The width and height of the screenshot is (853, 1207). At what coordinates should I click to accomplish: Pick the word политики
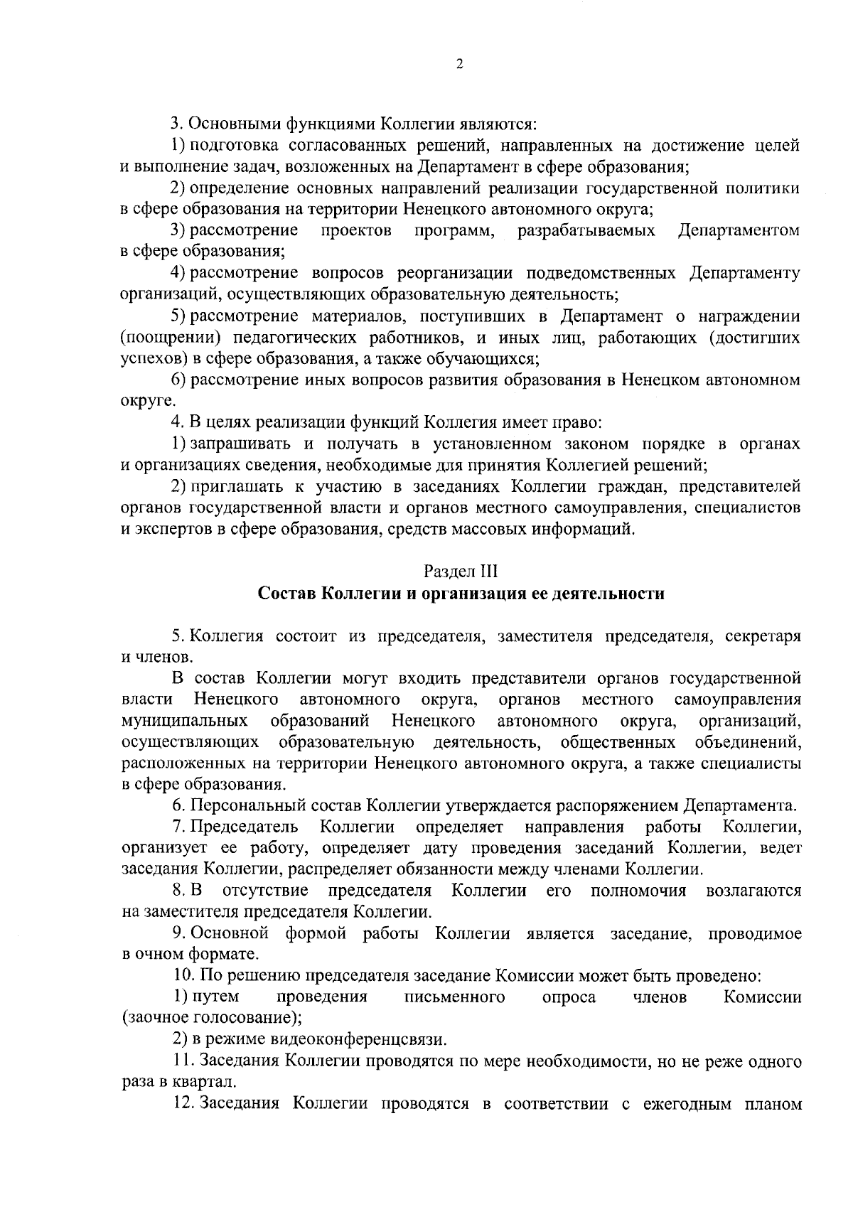763,188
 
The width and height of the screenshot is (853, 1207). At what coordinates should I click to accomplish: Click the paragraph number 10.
184,976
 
